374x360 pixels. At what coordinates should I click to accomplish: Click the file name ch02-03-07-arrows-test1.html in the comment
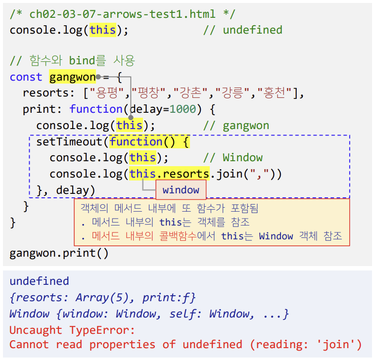point(129,14)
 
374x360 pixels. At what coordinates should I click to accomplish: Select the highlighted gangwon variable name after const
point(72,77)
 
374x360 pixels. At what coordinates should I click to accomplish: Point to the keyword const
point(26,77)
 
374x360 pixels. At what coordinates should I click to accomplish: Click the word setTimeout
point(69,142)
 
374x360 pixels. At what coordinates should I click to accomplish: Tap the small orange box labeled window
point(181,190)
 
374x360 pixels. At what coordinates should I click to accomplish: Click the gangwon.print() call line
point(59,254)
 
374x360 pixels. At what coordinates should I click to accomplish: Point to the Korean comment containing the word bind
point(72,61)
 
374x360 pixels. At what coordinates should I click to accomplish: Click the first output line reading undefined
point(39,281)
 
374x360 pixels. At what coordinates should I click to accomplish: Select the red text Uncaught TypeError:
point(72,330)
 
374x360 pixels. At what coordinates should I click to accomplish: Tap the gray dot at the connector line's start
point(98,77)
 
